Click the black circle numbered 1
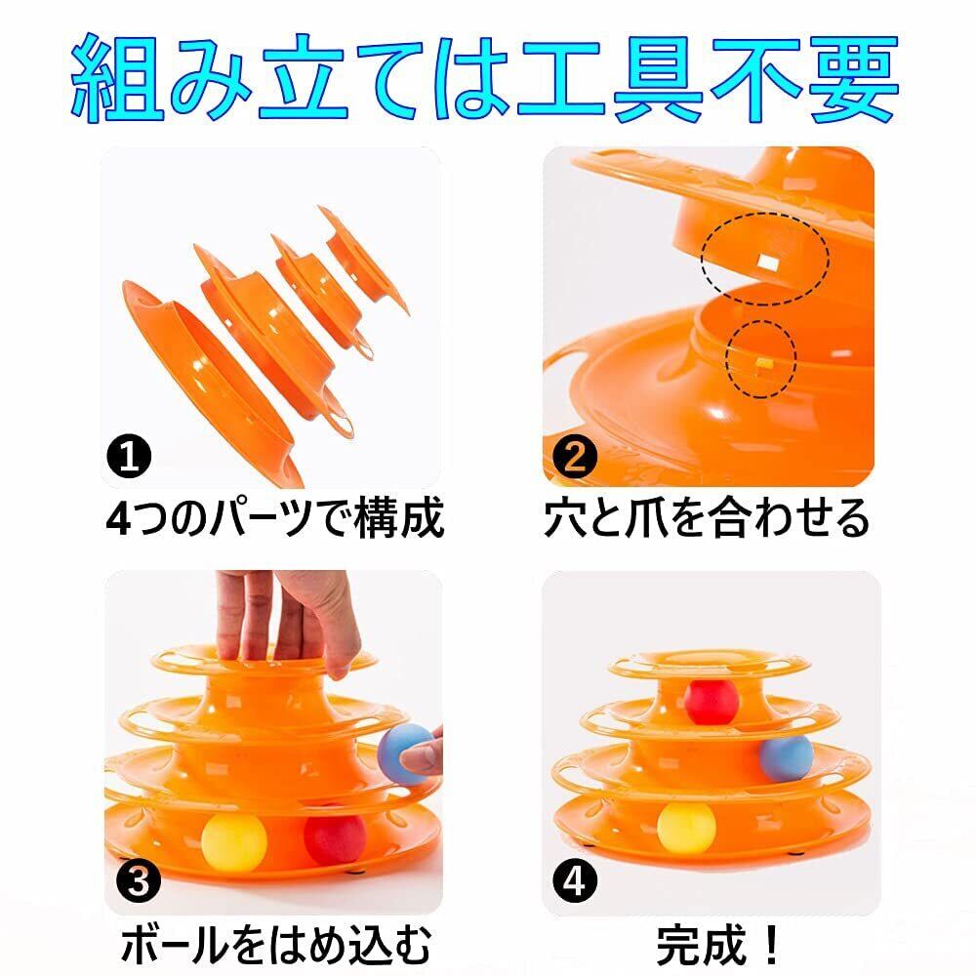click(130, 456)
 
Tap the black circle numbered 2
click(575, 456)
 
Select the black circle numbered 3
click(139, 880)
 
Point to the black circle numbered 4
click(575, 880)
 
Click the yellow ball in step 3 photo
click(234, 841)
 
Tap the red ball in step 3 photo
click(334, 837)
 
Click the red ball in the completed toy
click(711, 703)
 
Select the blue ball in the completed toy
click(786, 757)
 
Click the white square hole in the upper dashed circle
click(769, 263)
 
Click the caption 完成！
click(717, 946)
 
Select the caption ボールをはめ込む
click(276, 946)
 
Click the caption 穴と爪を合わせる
click(707, 518)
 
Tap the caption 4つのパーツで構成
click(275, 518)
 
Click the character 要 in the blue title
click(855, 79)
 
